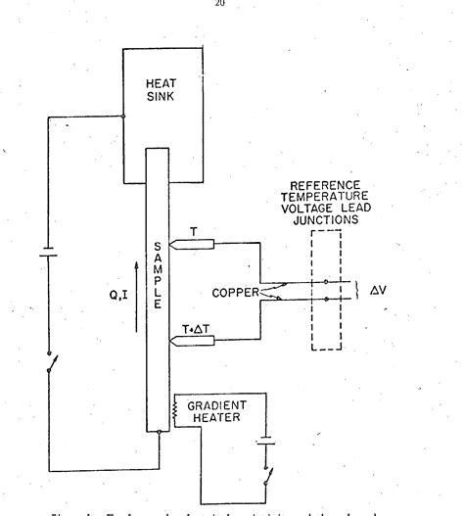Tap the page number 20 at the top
pos(232,5)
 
